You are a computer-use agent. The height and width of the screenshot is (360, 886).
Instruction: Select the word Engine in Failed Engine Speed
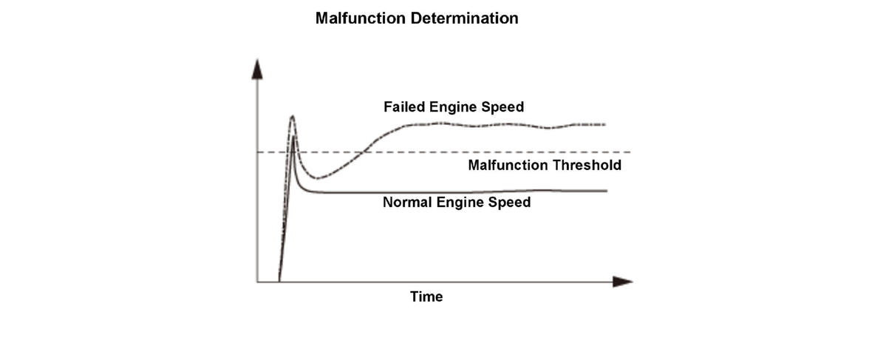(x=454, y=107)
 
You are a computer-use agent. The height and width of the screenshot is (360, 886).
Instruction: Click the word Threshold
(x=587, y=165)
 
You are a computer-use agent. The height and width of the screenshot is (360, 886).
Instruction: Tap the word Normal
(x=406, y=202)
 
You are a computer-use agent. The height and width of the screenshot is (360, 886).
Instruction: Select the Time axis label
(x=426, y=297)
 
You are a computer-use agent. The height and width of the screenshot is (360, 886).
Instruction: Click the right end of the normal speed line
(x=606, y=191)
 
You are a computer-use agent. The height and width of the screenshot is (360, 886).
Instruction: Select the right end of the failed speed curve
(x=604, y=124)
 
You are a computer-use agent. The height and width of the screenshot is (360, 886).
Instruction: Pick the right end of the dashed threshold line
(x=629, y=152)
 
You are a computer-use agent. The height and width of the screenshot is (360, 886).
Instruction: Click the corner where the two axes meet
(x=257, y=282)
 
